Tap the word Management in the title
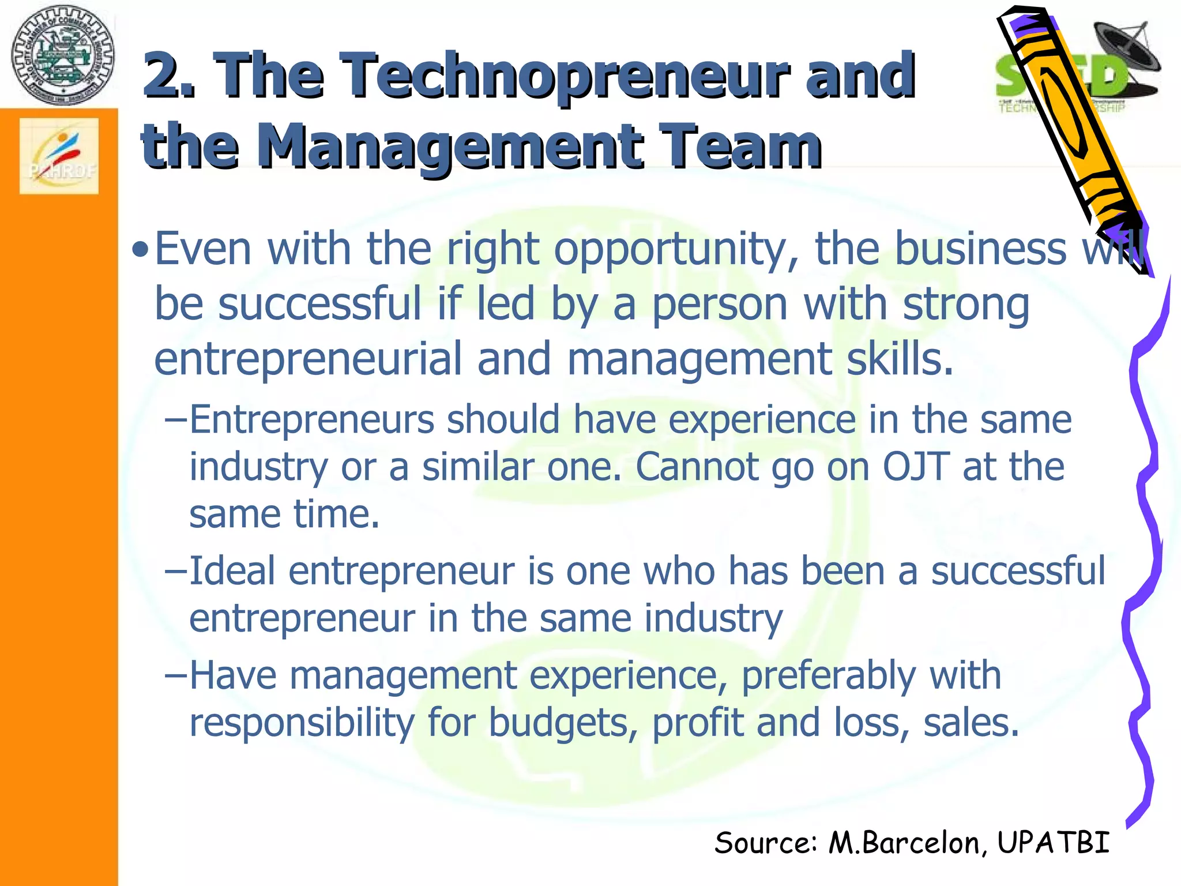tap(450, 148)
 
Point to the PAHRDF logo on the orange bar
tap(59, 156)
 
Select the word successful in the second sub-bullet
tap(1018, 571)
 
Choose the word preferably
tap(827, 675)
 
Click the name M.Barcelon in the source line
tap(904, 843)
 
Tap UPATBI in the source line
tap(1053, 843)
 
